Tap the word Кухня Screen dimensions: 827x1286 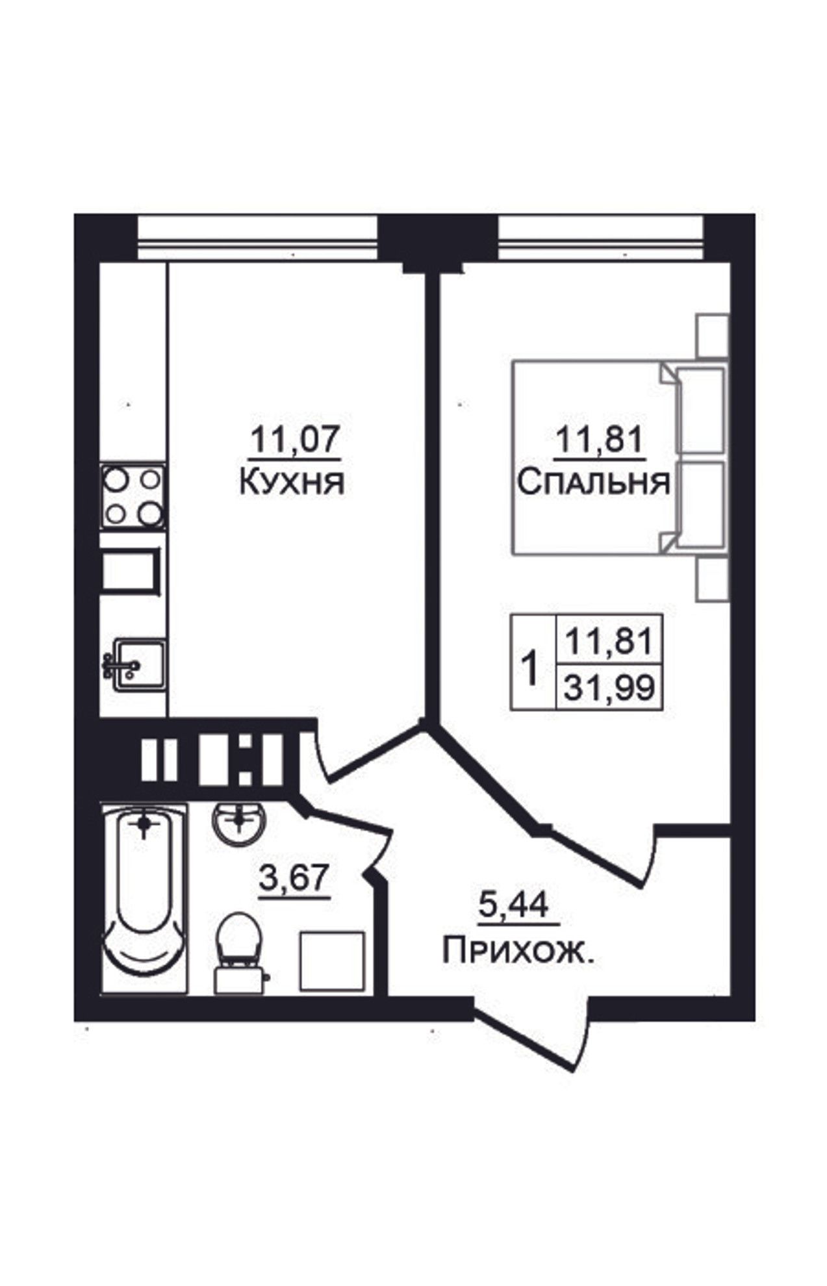pyautogui.click(x=292, y=483)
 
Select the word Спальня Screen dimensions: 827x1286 pyautogui.click(x=594, y=483)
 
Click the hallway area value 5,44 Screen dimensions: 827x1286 pyautogui.click(x=514, y=905)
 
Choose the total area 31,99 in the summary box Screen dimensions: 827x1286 pyautogui.click(x=609, y=688)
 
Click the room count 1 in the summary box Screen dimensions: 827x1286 pyautogui.click(x=531, y=668)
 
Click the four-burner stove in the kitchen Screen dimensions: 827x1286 pyautogui.click(x=133, y=497)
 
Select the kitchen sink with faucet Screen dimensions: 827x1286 pyautogui.click(x=134, y=665)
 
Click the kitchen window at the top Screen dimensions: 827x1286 pyautogui.click(x=258, y=238)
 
